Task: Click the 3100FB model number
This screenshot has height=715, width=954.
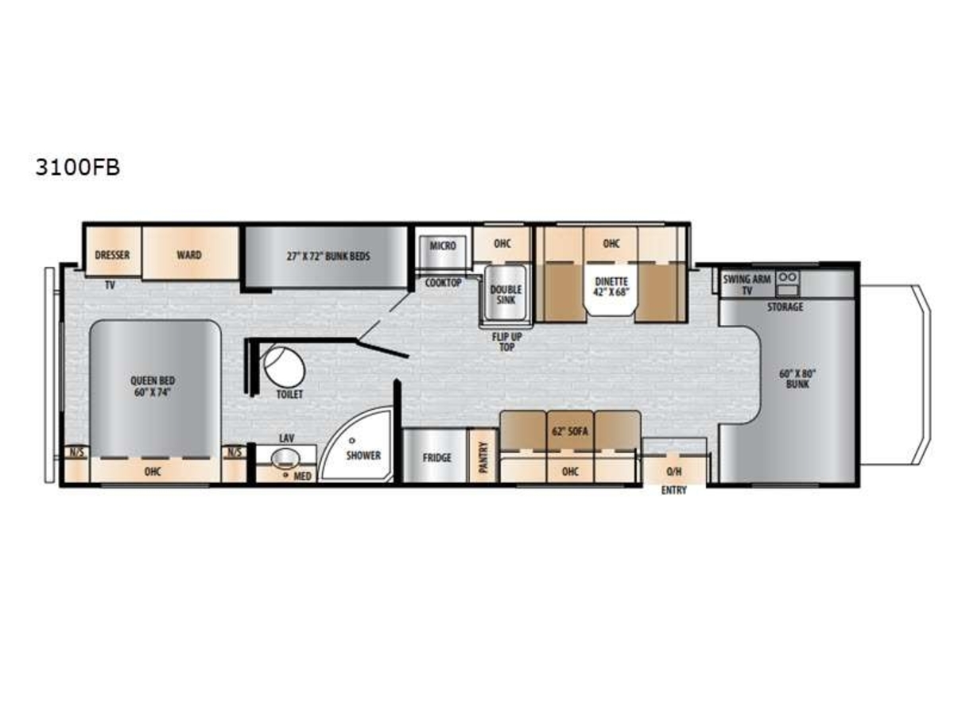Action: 77,168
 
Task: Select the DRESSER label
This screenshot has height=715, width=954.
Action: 112,255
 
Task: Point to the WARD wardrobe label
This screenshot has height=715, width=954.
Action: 189,255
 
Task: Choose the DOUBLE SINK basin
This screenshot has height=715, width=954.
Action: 505,294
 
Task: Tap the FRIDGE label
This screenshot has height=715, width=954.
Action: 436,458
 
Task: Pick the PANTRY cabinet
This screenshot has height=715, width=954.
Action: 483,455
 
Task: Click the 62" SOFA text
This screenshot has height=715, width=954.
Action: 570,431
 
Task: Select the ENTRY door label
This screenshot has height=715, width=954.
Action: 673,490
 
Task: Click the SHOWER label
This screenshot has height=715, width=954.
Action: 363,455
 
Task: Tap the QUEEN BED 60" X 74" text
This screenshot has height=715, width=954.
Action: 153,387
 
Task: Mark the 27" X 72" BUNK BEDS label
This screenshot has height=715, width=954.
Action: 328,256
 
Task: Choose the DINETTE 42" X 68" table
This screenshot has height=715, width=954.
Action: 611,291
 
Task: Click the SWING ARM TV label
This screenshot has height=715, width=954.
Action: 747,284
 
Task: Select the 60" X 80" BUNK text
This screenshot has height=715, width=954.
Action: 797,379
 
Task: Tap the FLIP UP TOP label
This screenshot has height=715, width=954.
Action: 506,342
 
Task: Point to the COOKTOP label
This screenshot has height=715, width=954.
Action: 443,283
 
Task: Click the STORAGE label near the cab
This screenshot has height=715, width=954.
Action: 785,307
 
